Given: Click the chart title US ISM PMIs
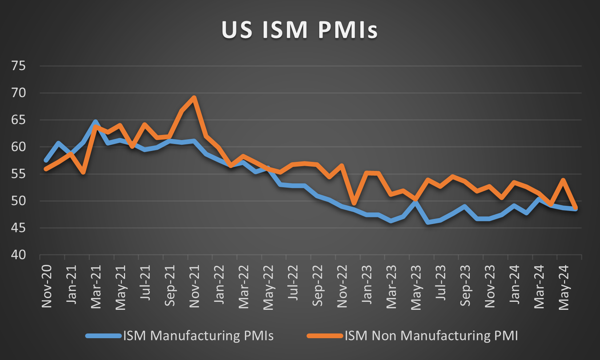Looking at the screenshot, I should click(300, 30).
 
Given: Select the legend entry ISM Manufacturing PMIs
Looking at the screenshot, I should click(198, 336).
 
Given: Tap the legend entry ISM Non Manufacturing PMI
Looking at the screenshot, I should click(431, 336).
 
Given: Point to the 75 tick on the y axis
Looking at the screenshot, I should click(19, 66).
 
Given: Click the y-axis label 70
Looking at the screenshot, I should click(19, 93).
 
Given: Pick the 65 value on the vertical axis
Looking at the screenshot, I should click(19, 120).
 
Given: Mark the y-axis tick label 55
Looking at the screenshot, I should click(19, 174).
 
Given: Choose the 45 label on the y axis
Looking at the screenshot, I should click(19, 228).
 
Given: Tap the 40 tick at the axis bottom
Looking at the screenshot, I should click(19, 255).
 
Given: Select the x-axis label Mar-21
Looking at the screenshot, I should click(96, 286).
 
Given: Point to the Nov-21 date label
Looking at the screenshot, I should click(195, 286).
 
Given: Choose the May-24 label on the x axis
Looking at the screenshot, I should click(564, 287).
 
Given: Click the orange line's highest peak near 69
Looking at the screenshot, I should click(194, 97).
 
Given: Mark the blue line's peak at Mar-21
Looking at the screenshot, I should click(95, 122).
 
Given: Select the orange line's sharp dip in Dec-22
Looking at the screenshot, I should click(354, 203).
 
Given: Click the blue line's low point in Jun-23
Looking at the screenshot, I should click(428, 222).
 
